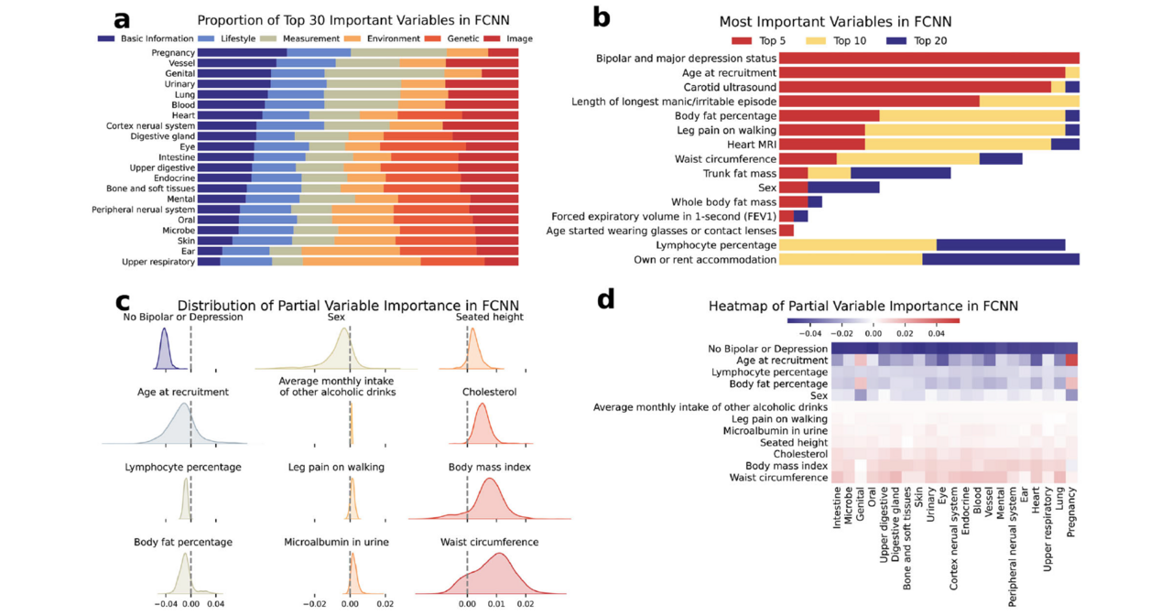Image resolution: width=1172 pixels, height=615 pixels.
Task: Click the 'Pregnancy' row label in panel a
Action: coord(173,53)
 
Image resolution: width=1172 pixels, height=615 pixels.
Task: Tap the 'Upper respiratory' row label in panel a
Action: coord(158,262)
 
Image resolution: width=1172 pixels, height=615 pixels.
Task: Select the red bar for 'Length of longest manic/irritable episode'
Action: coord(879,102)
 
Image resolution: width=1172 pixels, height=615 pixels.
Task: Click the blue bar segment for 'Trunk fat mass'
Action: coord(900,173)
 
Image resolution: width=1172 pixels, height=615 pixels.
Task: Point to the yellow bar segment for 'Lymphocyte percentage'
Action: coord(857,244)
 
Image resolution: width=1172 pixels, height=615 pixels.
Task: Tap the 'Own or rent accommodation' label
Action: coord(705,260)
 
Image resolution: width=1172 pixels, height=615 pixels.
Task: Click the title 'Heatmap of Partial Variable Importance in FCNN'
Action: coord(863,306)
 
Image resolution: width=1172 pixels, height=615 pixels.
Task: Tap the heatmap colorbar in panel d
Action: coord(873,321)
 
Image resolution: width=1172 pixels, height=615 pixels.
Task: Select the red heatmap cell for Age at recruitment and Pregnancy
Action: coord(1071,361)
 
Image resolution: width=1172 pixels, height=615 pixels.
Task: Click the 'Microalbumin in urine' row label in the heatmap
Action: coord(775,430)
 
